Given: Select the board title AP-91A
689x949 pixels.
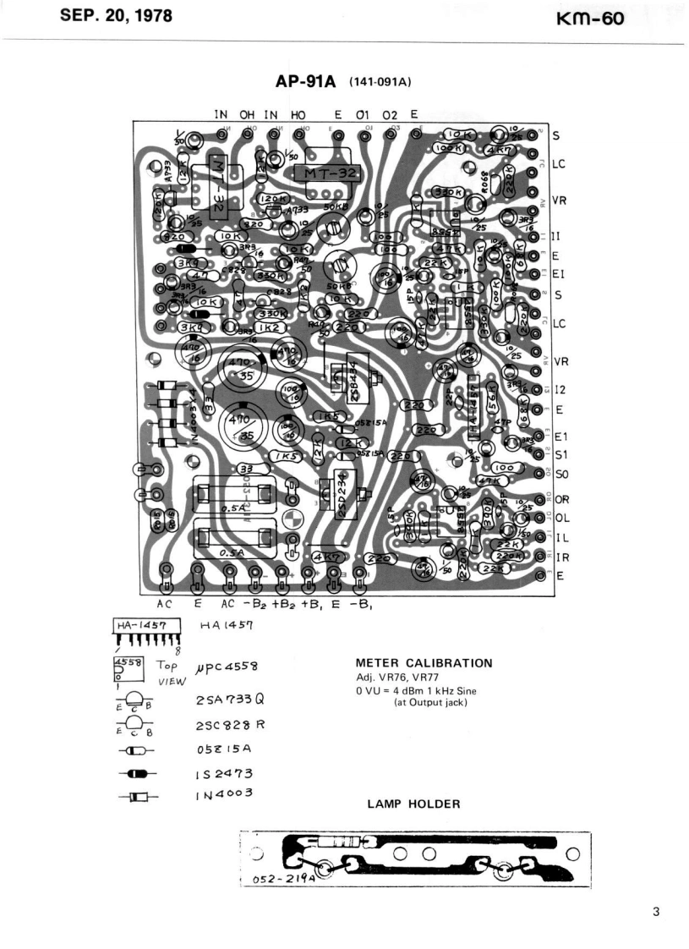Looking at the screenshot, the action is coord(306,81).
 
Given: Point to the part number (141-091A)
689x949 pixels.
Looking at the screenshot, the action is coord(380,82).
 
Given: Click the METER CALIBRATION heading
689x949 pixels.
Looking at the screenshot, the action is coord(424,662).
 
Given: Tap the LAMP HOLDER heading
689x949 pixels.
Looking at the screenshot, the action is coord(413,804).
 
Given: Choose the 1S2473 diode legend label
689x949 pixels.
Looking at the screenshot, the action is coord(224,772).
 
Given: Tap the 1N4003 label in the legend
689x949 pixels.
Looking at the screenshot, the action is coord(225,793).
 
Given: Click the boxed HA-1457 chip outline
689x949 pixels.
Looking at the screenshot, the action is coord(144,625).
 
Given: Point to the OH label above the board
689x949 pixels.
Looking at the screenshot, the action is coord(246,114).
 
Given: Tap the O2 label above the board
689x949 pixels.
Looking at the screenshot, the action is coord(390,114).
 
